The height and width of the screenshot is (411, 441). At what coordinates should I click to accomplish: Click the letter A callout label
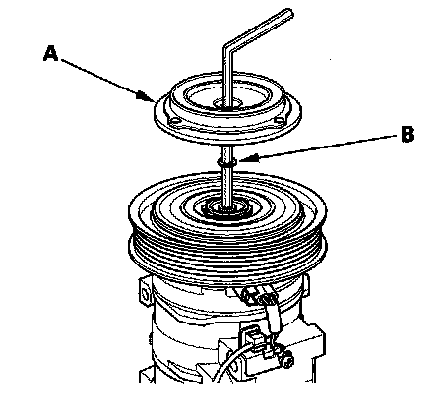click(x=51, y=54)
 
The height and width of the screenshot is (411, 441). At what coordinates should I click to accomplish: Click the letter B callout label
click(x=408, y=134)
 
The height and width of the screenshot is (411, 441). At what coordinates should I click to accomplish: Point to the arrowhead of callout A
click(x=146, y=96)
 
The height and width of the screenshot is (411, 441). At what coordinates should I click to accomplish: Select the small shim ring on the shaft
click(x=227, y=162)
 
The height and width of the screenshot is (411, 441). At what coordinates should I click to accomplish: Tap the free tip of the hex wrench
click(x=288, y=14)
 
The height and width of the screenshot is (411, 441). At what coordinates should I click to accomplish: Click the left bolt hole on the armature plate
click(x=175, y=121)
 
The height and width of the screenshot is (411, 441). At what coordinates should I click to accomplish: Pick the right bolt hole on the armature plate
click(x=280, y=120)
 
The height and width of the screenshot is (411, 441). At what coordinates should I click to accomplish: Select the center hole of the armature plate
click(x=227, y=104)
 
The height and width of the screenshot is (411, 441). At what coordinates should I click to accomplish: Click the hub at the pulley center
click(x=227, y=209)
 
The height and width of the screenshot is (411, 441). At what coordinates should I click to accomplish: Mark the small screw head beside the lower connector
click(x=288, y=361)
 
